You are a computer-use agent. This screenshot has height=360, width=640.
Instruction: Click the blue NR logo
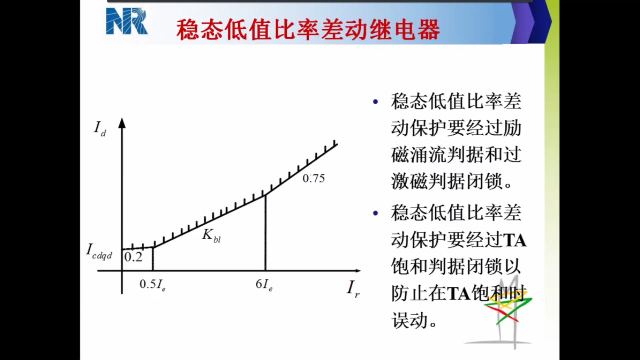(x=127, y=21)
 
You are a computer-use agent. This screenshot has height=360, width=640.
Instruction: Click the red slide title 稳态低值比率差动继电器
(x=308, y=30)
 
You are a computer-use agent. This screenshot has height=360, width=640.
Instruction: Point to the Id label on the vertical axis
(x=100, y=129)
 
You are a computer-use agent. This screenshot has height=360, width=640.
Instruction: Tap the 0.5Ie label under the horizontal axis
(x=152, y=285)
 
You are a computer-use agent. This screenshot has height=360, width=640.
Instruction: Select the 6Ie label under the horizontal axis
(x=264, y=285)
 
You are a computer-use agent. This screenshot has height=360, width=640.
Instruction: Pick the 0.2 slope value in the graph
(x=133, y=257)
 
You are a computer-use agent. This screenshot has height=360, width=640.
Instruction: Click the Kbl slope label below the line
(x=211, y=235)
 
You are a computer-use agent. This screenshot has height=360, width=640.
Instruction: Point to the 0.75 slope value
(x=314, y=178)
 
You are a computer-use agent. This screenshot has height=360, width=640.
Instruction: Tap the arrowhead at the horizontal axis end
(x=358, y=271)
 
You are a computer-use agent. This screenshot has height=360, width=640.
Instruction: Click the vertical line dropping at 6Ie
(x=265, y=233)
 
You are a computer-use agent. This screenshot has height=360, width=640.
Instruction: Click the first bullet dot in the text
(x=376, y=102)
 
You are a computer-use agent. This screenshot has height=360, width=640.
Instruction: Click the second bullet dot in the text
(x=376, y=213)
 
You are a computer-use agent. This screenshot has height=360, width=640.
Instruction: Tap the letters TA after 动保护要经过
(x=515, y=240)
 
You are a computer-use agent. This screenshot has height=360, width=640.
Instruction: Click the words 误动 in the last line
(x=410, y=320)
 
